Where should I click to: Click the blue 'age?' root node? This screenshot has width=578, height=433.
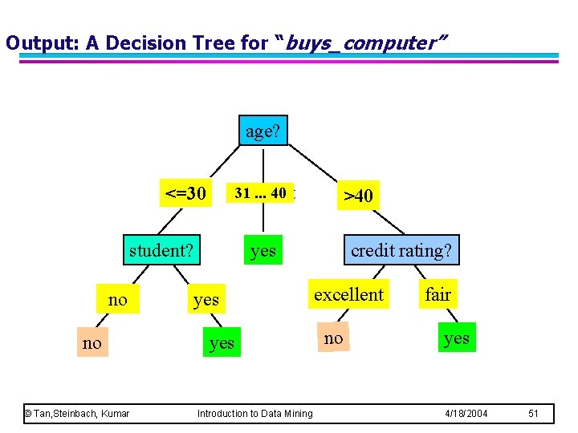(263, 131)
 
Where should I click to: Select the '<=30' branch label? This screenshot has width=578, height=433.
(185, 193)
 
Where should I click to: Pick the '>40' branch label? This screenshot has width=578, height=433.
(358, 195)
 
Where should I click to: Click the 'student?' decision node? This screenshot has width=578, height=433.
(161, 250)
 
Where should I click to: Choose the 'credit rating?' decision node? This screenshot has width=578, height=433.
(401, 250)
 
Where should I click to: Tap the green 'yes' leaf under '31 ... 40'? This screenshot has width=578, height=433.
(263, 251)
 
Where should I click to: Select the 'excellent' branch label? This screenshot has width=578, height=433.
(348, 294)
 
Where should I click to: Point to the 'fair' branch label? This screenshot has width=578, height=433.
(438, 294)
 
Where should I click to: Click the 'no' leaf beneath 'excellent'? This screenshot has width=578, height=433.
(333, 338)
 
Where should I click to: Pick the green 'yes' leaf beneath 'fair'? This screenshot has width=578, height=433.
(456, 338)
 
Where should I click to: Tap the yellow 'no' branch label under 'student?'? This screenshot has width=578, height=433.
(117, 299)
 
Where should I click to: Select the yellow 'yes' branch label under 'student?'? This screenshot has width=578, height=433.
(206, 299)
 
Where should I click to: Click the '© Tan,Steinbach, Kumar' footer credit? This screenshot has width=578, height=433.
(77, 414)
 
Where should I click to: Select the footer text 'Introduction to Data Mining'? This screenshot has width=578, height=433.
(255, 414)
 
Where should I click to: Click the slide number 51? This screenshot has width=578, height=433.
(534, 414)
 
